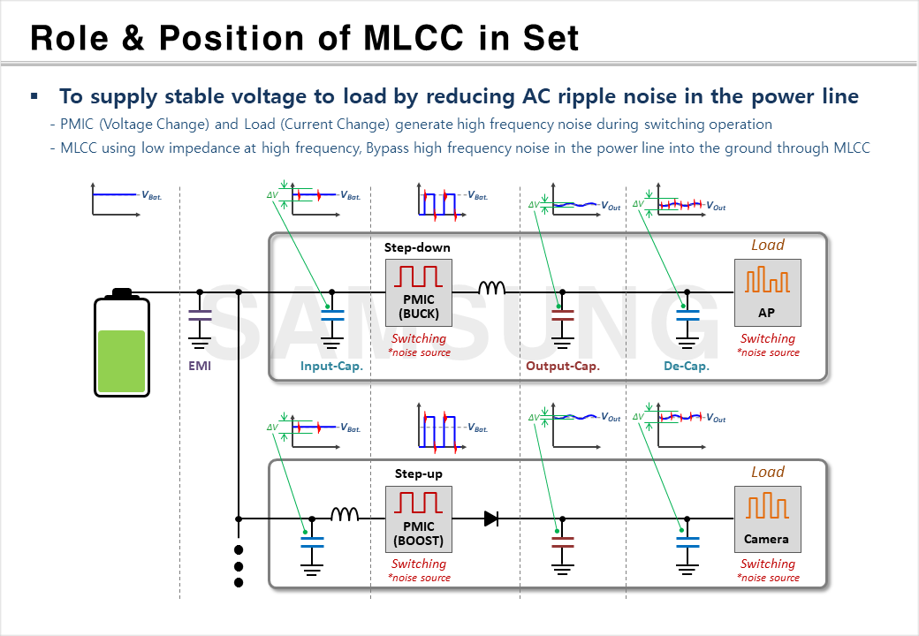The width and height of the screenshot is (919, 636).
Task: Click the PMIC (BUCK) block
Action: (x=418, y=291)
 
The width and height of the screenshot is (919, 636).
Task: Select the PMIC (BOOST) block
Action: (x=418, y=519)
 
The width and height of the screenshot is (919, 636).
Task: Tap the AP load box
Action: (x=767, y=291)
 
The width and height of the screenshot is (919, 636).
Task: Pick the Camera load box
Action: (x=767, y=519)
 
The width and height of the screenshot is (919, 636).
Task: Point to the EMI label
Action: (x=200, y=366)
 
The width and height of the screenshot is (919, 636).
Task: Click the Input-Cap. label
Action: (x=331, y=366)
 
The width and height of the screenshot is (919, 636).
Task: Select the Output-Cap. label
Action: (x=563, y=366)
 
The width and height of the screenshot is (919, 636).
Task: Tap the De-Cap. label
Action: (x=687, y=366)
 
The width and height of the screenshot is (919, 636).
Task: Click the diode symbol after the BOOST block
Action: (x=491, y=519)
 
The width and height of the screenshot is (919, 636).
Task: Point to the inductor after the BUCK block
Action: (x=491, y=288)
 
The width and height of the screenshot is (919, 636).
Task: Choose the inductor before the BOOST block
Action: (x=345, y=514)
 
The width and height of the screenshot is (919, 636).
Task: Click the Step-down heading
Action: (x=417, y=247)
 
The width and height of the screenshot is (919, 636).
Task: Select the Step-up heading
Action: (x=418, y=473)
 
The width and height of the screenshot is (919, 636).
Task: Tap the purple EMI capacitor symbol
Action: (x=200, y=317)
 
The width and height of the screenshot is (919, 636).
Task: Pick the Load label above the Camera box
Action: (x=767, y=472)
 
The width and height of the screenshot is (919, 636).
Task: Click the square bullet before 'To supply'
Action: (x=34, y=95)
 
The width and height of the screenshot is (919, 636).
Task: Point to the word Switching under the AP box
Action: (x=767, y=338)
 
